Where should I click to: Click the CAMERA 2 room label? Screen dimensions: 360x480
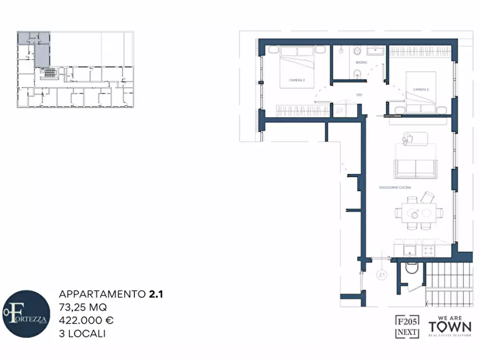(x=297, y=80)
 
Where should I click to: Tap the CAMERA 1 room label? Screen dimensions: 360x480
(x=420, y=89)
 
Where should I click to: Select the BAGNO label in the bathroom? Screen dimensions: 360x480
(x=361, y=63)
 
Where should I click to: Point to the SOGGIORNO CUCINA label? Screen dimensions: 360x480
(x=395, y=186)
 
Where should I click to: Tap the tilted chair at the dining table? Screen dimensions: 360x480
(x=429, y=197)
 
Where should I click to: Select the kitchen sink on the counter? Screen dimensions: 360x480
(x=409, y=250)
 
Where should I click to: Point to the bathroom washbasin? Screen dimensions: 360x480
(x=374, y=52)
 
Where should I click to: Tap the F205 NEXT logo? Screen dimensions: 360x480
(x=407, y=326)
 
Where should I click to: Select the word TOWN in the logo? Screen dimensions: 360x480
(x=449, y=327)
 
